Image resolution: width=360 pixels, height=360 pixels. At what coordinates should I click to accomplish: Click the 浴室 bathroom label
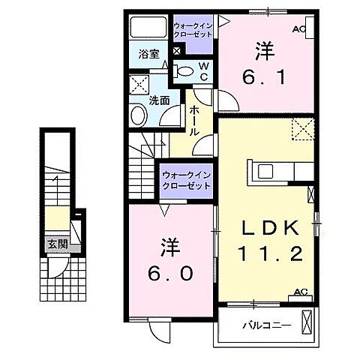pos(148,55)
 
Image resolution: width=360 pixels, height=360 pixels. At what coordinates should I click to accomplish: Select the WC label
pos(202,71)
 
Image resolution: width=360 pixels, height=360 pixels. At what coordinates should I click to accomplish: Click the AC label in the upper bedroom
pos(299,30)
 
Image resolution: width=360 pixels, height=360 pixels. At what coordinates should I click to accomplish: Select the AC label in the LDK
pos(301,292)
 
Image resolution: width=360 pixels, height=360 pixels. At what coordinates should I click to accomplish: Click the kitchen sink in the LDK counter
pos(267,170)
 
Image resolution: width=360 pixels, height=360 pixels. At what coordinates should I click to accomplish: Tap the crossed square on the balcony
pos(307,323)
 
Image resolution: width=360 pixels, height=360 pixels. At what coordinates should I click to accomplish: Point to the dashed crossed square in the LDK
pos(302,130)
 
